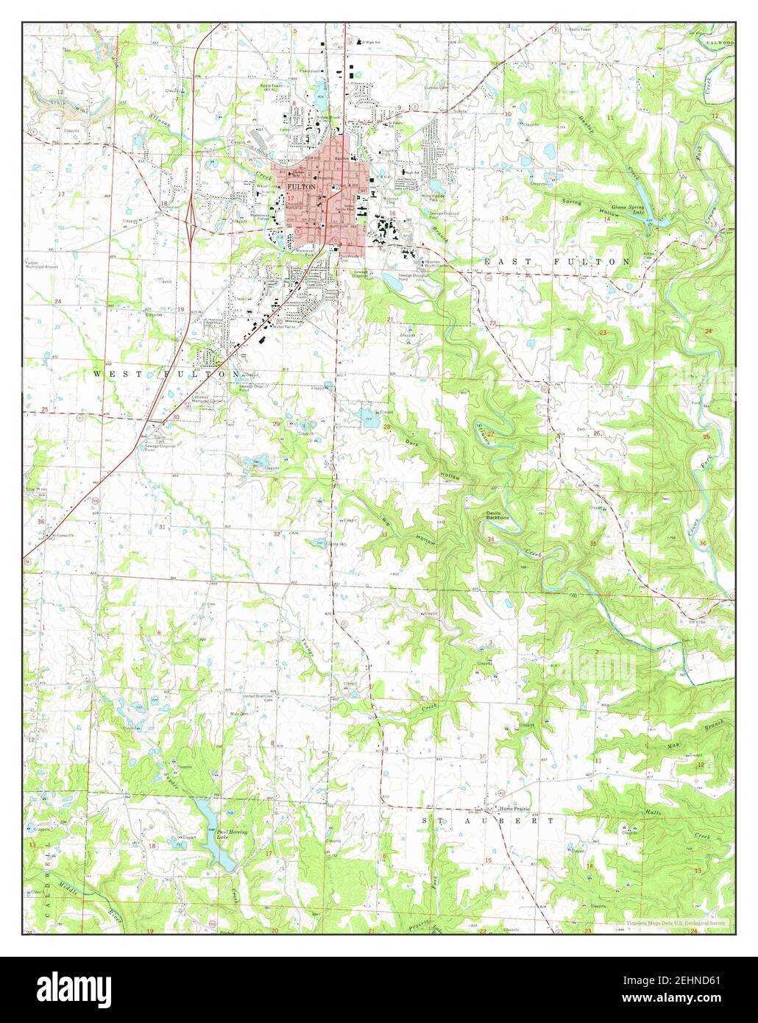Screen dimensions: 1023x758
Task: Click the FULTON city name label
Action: click(307, 188)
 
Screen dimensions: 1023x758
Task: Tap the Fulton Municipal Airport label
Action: click(37, 266)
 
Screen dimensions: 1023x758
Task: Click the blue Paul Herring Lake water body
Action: click(213, 832)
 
